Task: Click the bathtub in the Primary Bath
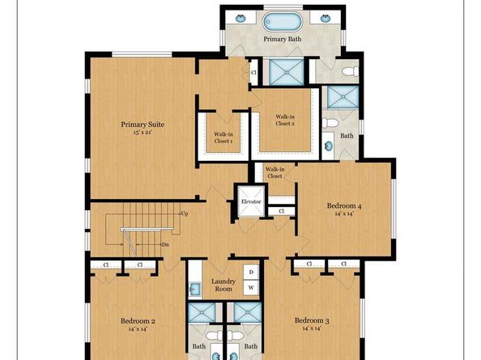(282, 19)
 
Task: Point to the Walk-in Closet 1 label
(223, 138)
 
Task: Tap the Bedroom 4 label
(344, 205)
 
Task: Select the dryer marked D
(251, 273)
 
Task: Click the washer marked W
(251, 287)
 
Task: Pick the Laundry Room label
(223, 285)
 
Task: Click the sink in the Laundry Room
(195, 286)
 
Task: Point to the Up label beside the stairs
(185, 214)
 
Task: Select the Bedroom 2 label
(132, 320)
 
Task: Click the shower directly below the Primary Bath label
(283, 71)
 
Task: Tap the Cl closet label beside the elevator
(281, 211)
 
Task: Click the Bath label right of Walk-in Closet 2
(347, 136)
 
